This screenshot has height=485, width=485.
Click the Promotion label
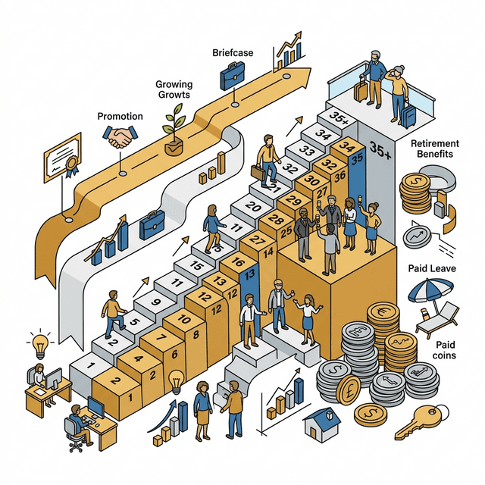click(x=120, y=116)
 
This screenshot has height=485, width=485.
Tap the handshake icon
click(x=120, y=136)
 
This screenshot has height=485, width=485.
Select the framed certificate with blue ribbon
click(x=63, y=158)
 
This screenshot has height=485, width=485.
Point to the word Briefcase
click(x=233, y=53)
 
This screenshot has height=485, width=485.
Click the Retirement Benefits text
click(x=434, y=149)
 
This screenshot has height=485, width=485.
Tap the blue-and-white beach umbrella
click(x=430, y=291)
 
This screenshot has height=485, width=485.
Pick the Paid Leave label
click(x=432, y=268)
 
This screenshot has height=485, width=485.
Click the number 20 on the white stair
click(x=253, y=207)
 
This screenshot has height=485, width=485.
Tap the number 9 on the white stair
click(x=155, y=302)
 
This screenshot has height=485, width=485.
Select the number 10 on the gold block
click(x=184, y=319)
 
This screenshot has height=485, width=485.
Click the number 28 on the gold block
click(x=276, y=219)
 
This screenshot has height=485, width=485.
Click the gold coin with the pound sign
click(x=349, y=390)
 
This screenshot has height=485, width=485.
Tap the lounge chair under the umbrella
click(x=436, y=320)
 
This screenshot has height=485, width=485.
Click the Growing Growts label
click(x=174, y=89)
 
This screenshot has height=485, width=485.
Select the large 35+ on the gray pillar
click(x=380, y=150)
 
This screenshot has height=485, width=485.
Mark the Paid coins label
click(x=445, y=350)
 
